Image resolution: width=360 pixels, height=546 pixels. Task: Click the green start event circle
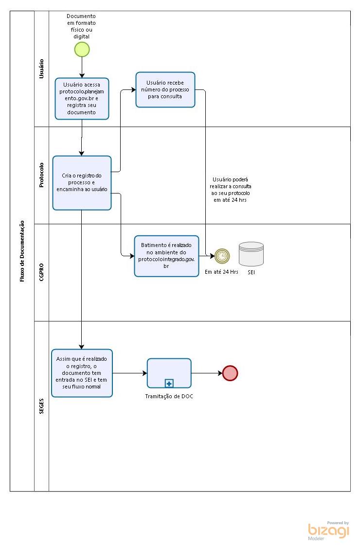pos(82,49)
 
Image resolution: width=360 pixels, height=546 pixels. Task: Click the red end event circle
pos(230,373)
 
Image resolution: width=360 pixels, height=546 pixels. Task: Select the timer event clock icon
pos(222,256)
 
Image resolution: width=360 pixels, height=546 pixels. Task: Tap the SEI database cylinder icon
pos(251,254)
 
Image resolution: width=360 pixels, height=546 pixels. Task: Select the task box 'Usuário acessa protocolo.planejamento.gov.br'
pos(82,98)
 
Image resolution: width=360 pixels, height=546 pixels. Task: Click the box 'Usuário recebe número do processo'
pos(165,89)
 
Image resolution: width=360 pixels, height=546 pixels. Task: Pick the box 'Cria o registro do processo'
pos(82,183)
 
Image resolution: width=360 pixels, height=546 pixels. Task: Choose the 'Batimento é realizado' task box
pos(166,256)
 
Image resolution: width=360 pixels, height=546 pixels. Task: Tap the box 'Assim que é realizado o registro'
pos(82,373)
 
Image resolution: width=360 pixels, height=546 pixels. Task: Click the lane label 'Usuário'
pos(41,69)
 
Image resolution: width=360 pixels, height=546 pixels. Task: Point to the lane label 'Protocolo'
pos(41,175)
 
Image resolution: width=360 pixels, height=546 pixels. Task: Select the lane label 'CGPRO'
pos(41,272)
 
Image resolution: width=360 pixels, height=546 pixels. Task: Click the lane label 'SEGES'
pos(41,406)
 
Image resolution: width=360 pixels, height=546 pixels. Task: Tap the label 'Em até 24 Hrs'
pos(221,272)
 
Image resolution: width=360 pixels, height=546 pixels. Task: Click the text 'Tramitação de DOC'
pos(169,396)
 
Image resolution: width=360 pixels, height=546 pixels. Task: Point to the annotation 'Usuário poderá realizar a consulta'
pos(232,190)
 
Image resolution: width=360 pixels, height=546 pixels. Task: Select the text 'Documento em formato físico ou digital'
pos(81,26)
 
